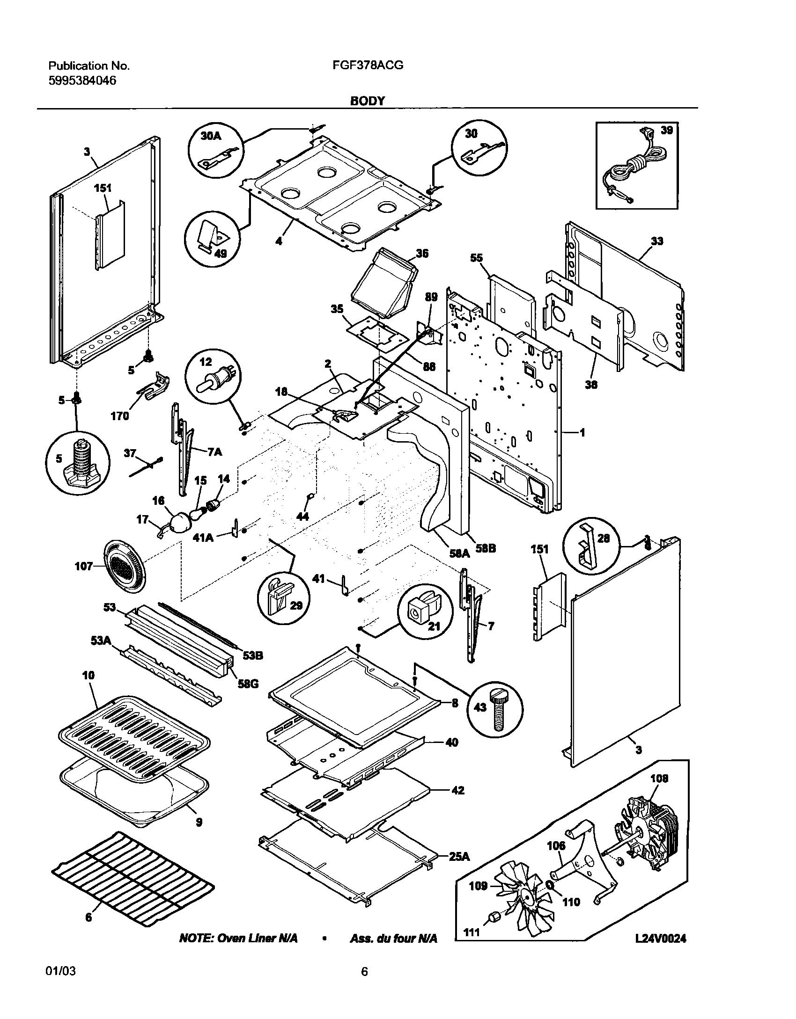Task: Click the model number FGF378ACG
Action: [368, 66]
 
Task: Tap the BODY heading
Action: [368, 101]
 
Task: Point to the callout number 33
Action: [657, 241]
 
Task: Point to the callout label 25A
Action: [459, 856]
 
